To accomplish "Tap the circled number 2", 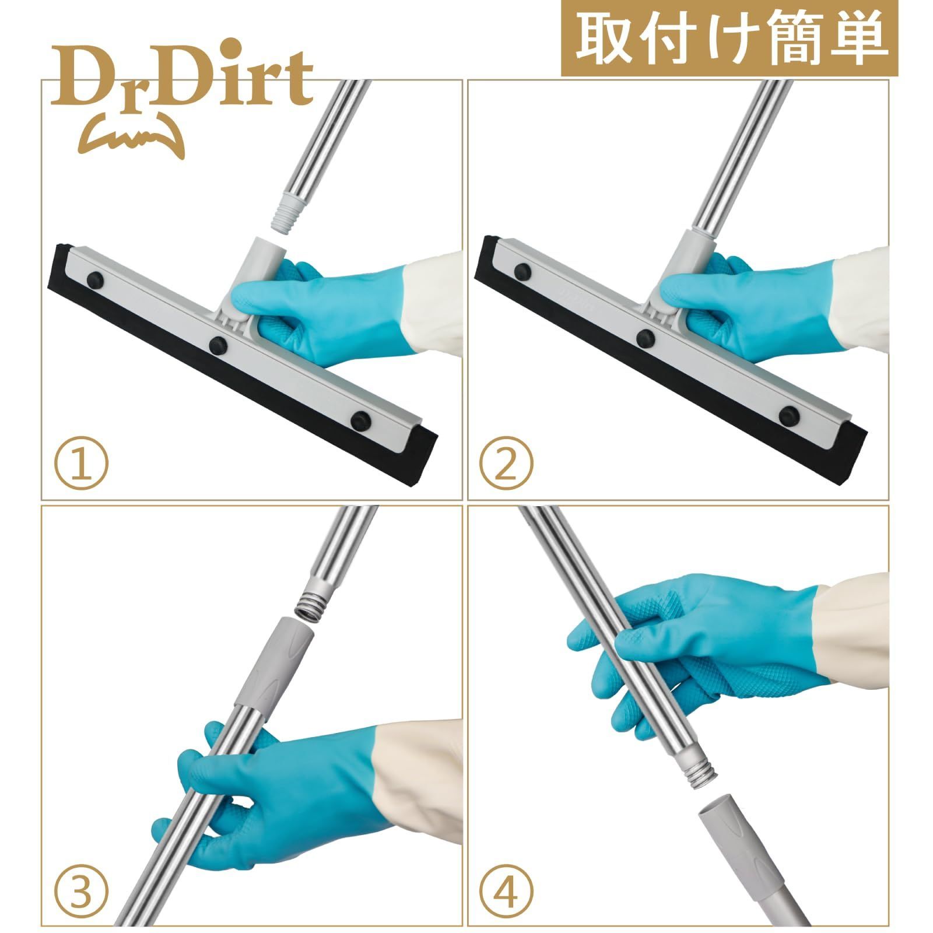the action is [x=506, y=465].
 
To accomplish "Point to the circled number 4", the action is [x=506, y=890].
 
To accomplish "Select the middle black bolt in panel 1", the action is [x=218, y=343].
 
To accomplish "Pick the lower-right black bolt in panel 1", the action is [x=361, y=419].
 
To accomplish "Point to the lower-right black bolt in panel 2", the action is [x=788, y=415].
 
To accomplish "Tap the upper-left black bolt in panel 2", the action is [x=522, y=271].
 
